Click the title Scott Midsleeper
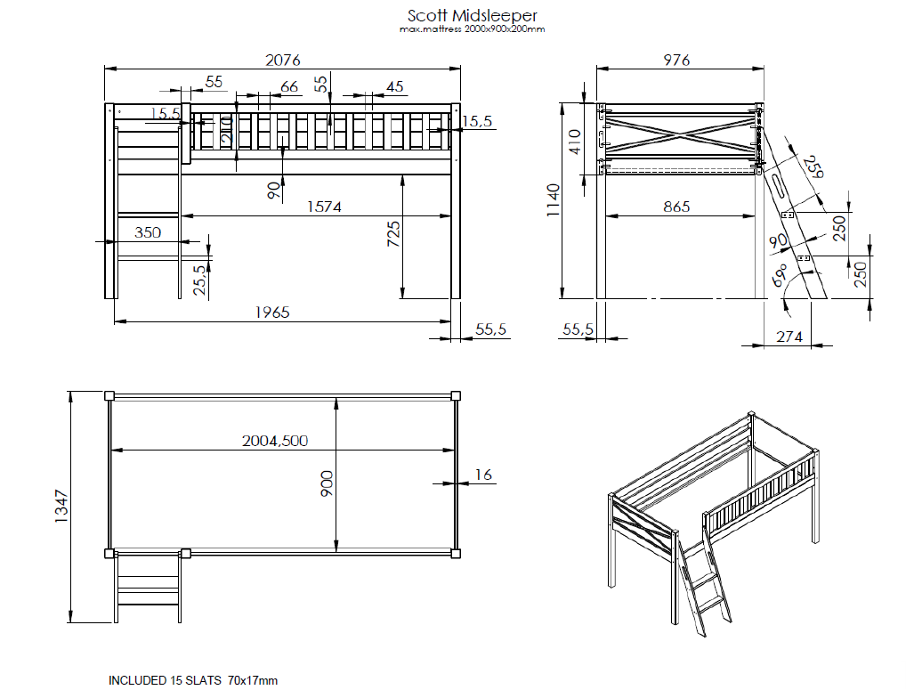pos(472,16)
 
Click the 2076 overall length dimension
pos(284,60)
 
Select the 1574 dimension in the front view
pos(324,207)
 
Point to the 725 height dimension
pos(393,233)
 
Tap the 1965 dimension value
pos(272,312)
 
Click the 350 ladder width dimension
pos(148,232)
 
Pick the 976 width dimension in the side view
pos(676,60)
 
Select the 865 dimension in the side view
pos(675,207)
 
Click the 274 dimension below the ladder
pos(789,337)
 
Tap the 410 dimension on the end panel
pos(574,142)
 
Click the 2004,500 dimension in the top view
pos(275,441)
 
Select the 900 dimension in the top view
pos(328,483)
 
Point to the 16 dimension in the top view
pos(482,475)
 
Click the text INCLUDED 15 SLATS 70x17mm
pos(193,680)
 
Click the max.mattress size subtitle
pos(472,29)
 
